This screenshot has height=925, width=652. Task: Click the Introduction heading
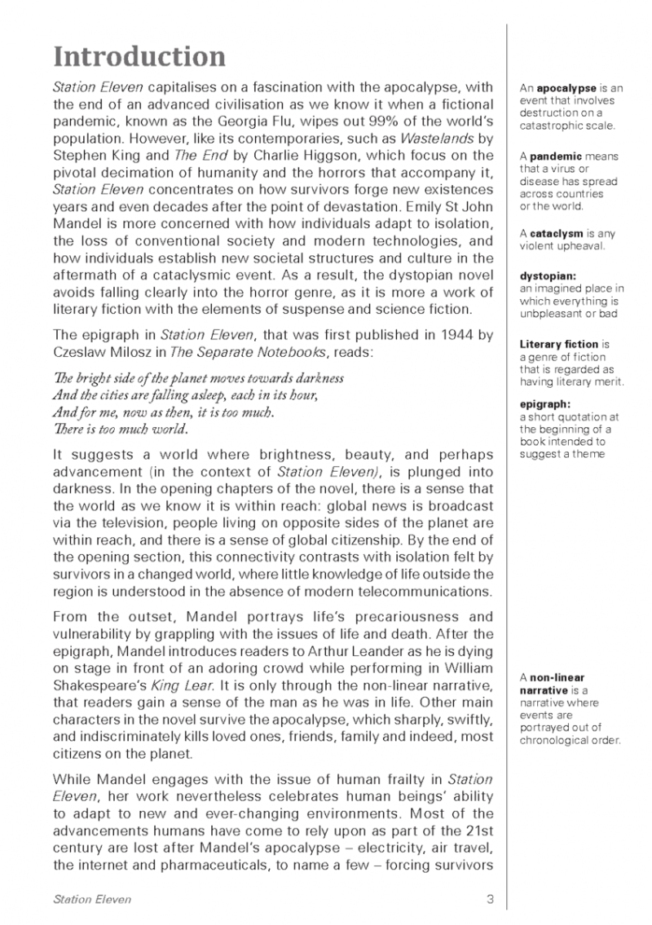tap(139, 57)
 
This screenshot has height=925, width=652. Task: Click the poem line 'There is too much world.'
tap(121, 429)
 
